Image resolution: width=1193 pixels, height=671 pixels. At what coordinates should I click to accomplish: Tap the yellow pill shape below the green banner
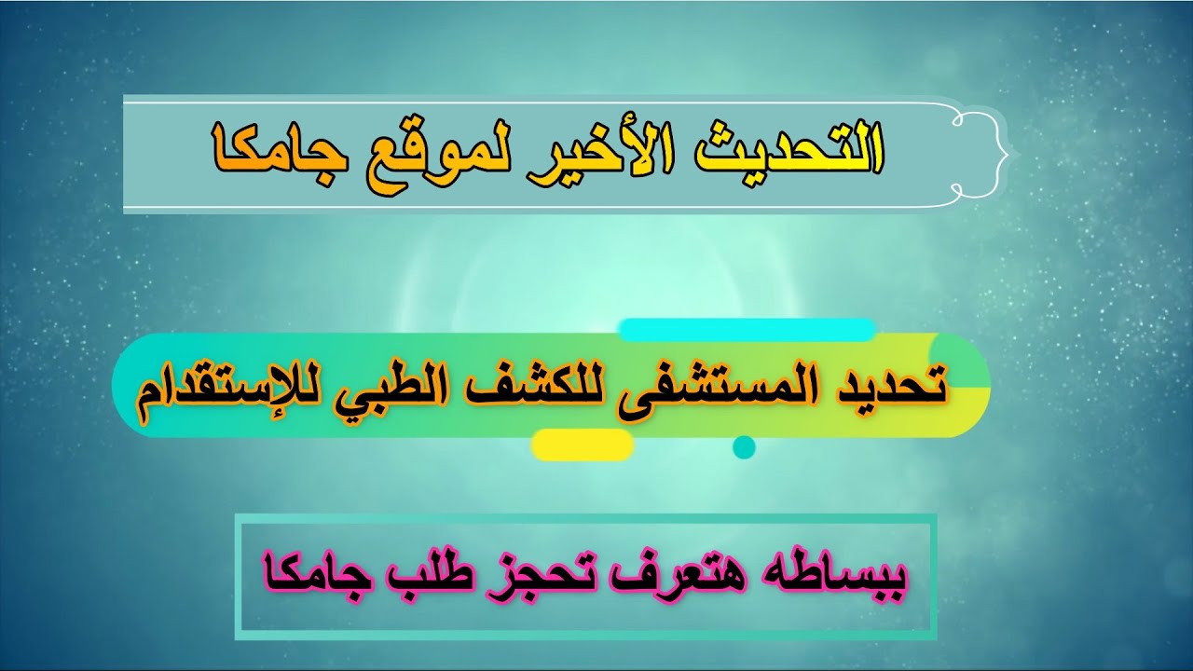pos(583,445)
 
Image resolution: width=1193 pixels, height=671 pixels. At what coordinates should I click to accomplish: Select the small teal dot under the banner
pos(744,447)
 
